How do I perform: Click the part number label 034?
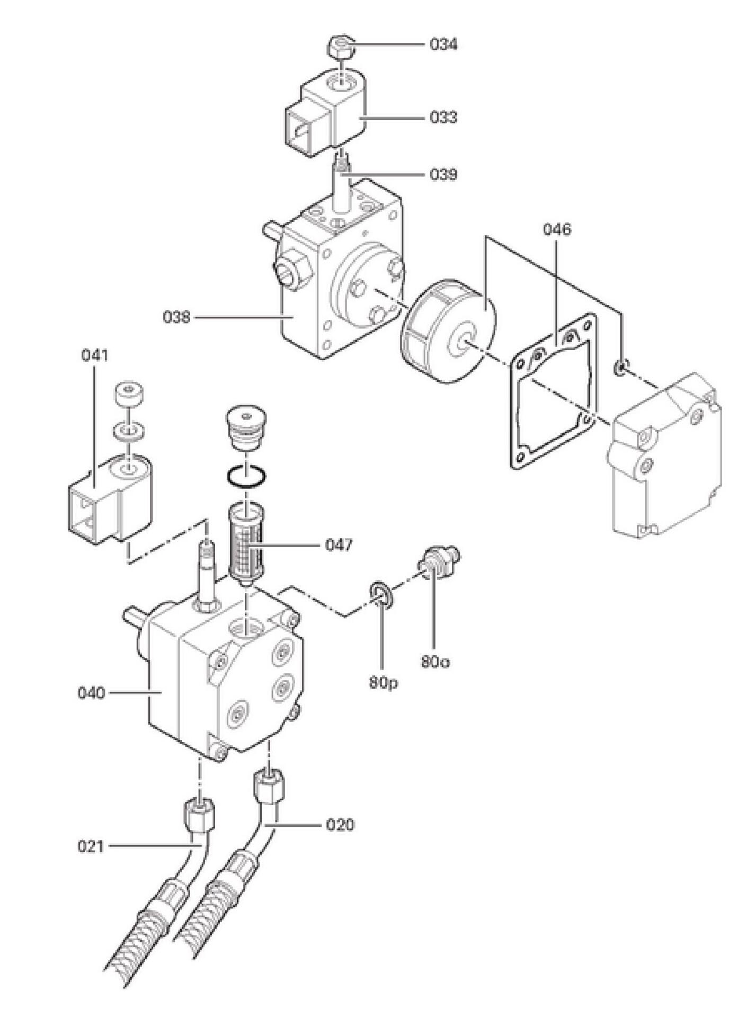pos(443,44)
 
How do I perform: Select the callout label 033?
pos(443,117)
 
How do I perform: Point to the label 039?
pos(443,174)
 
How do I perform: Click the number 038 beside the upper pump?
pos(176,317)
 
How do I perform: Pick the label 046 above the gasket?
pos(557,229)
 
